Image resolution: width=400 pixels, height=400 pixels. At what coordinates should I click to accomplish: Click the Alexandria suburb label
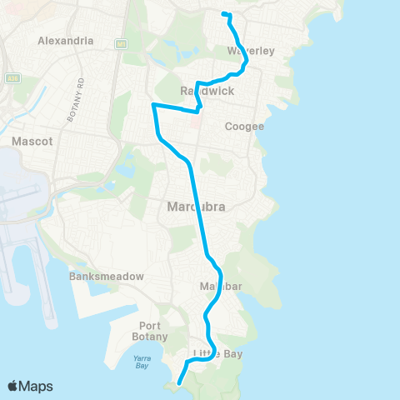pos(65,40)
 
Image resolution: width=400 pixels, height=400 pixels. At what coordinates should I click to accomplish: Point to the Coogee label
pos(244,127)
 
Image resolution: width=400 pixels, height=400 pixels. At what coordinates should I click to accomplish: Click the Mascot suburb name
pos(32,142)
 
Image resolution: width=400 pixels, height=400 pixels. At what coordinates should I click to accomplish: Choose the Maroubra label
pos(192,207)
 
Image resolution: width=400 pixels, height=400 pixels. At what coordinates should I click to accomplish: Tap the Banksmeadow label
pos(107,276)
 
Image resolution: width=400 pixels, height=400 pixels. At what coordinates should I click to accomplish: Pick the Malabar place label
pos(220,287)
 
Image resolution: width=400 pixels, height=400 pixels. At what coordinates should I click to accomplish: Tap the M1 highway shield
pos(122,42)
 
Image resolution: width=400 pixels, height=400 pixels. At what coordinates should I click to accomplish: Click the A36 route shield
pos(11,78)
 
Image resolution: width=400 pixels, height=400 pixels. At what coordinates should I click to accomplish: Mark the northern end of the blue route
pos(222,13)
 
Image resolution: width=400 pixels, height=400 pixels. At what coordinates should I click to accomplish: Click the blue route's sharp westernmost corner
pos(152,105)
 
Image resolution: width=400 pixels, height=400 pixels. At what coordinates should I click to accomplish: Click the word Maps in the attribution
pos(36,386)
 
